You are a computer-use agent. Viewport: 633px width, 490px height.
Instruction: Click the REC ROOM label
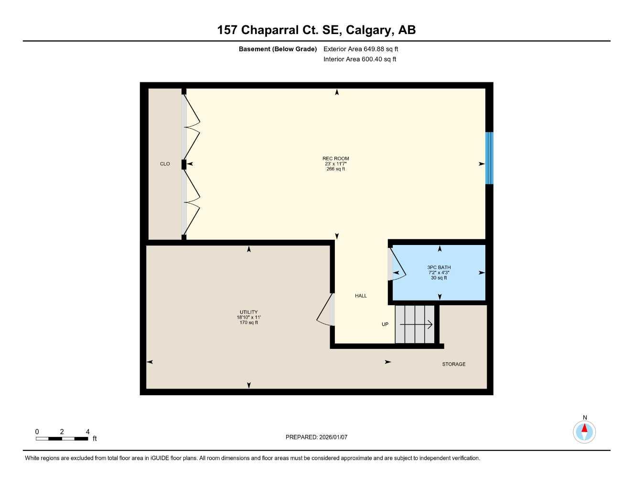click(x=335, y=158)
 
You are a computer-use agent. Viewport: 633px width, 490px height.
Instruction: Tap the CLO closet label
click(x=165, y=164)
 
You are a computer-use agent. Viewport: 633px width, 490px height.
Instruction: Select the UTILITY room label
click(x=248, y=312)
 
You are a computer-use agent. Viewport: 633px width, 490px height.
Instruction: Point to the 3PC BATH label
click(x=439, y=267)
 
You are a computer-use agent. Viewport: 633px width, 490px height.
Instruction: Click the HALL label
click(x=361, y=296)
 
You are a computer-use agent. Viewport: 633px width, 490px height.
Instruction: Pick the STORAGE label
click(x=453, y=364)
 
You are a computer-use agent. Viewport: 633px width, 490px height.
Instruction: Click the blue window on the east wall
click(x=489, y=158)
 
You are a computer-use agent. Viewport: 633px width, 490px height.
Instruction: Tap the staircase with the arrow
click(x=415, y=324)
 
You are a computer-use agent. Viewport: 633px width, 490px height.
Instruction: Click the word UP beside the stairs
click(x=385, y=324)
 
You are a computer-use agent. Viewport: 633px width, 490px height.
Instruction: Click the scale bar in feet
click(x=62, y=438)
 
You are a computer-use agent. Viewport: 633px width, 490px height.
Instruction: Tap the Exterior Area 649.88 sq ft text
click(x=361, y=49)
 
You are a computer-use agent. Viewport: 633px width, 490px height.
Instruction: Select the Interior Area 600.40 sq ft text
click(x=360, y=59)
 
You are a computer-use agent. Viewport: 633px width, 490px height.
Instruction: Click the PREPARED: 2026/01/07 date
click(x=316, y=437)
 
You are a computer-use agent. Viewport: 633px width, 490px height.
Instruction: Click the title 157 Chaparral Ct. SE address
click(x=316, y=30)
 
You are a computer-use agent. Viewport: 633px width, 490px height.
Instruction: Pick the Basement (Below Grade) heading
click(x=278, y=49)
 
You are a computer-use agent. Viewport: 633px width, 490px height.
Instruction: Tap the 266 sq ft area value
click(x=335, y=169)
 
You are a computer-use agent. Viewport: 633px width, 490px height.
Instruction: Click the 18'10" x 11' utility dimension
click(x=248, y=317)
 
